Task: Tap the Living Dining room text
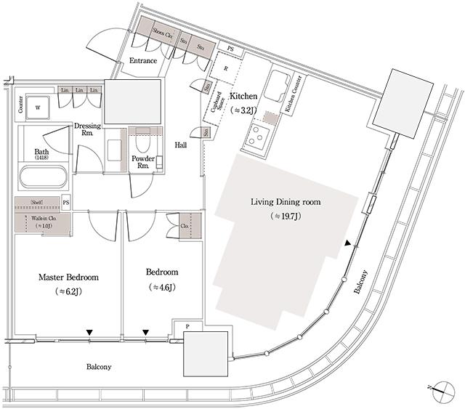click(x=286, y=201)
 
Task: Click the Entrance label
click(x=143, y=61)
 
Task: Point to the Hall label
click(x=182, y=145)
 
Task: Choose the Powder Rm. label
click(x=140, y=161)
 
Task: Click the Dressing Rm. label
click(x=87, y=129)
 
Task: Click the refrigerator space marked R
click(x=226, y=69)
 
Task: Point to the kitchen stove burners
click(x=258, y=135)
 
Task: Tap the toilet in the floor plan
click(x=142, y=139)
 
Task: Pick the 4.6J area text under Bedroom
click(x=162, y=288)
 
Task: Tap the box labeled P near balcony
click(x=187, y=327)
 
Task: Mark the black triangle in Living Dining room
click(x=349, y=243)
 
